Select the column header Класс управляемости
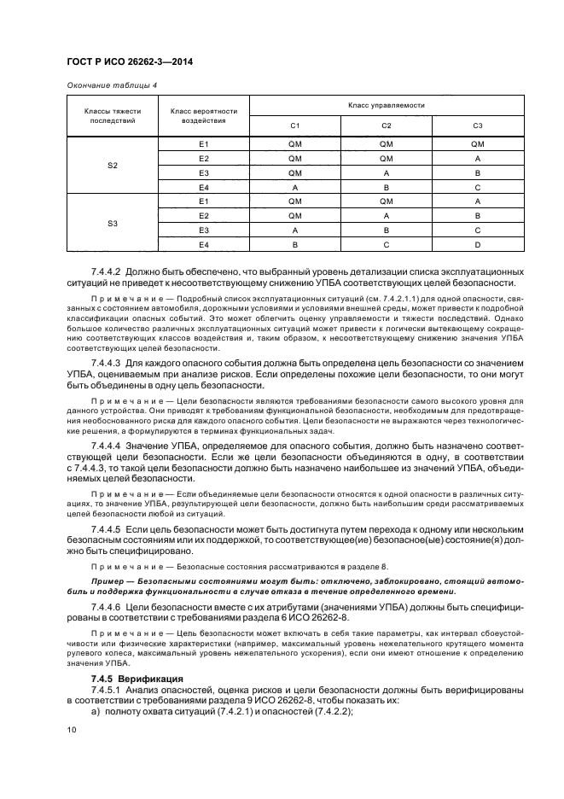pos(386,105)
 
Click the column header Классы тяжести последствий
pos(113,116)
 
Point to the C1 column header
pos(294,126)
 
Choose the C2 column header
pos(386,126)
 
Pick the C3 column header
pos(478,126)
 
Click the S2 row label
pos(113,165)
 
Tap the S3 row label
pos(113,223)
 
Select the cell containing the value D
pos(478,244)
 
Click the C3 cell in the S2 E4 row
pos(478,187)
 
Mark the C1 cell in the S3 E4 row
pos(294,244)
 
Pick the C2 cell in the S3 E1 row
pos(386,201)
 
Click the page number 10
pos(72,731)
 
